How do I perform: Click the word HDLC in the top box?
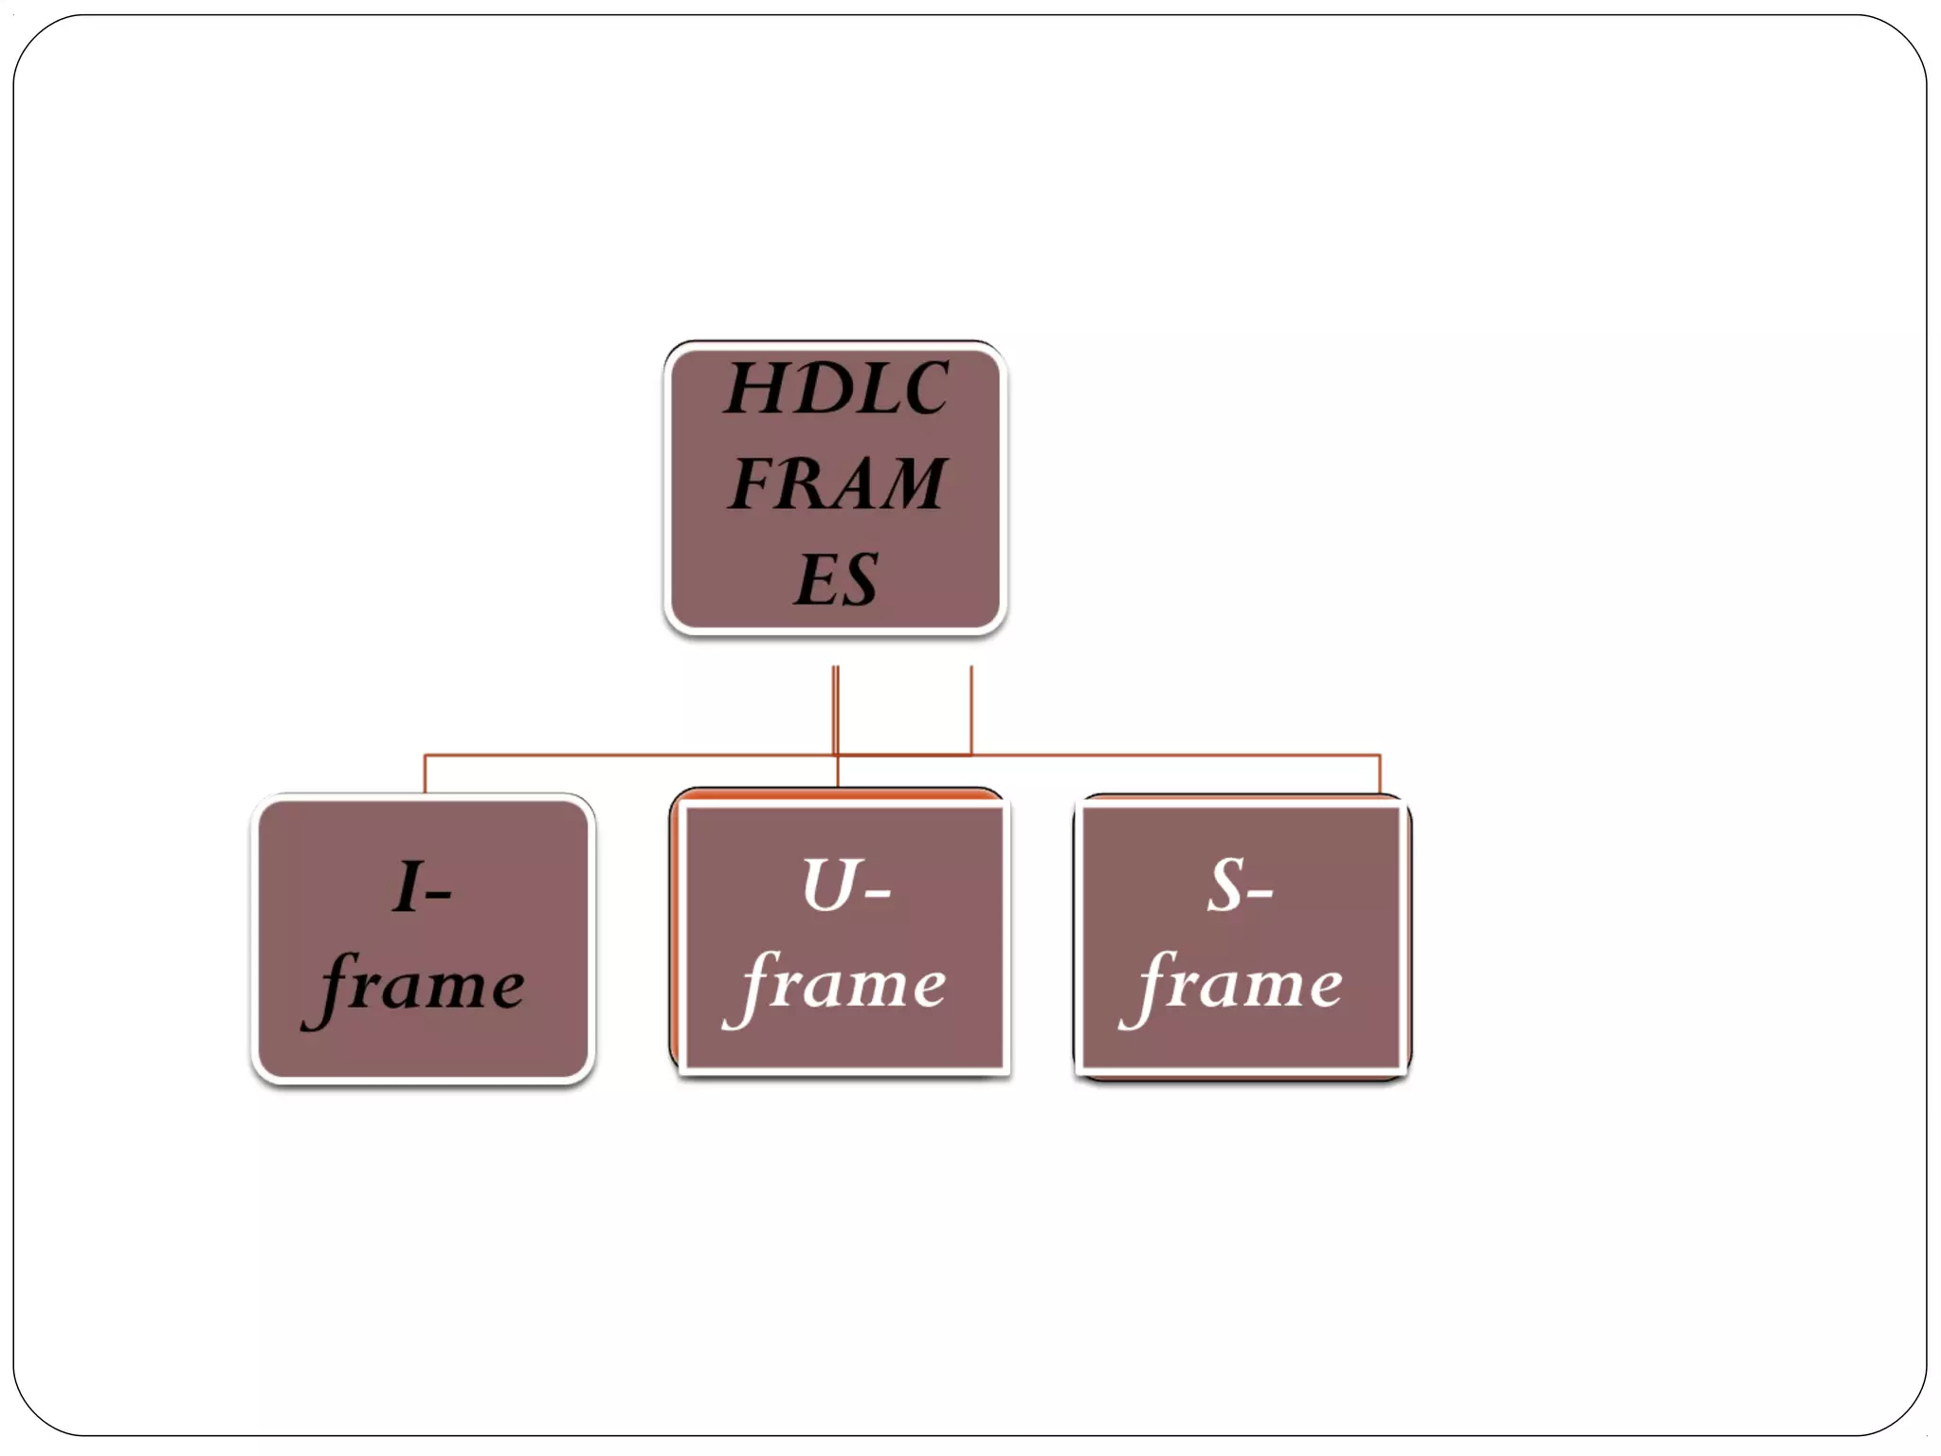[x=836, y=389]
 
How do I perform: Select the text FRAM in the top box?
[x=836, y=483]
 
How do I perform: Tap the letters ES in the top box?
[x=836, y=579]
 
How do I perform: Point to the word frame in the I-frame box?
[x=417, y=986]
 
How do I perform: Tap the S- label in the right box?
[x=1240, y=886]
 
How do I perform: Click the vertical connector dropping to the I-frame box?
[x=425, y=773]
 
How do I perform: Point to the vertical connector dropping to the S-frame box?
[x=1380, y=773]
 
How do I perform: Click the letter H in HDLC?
[x=758, y=389]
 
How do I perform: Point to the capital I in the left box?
[x=408, y=886]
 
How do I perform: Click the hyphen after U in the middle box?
[x=877, y=893]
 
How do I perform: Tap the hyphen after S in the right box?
[x=1261, y=893]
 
